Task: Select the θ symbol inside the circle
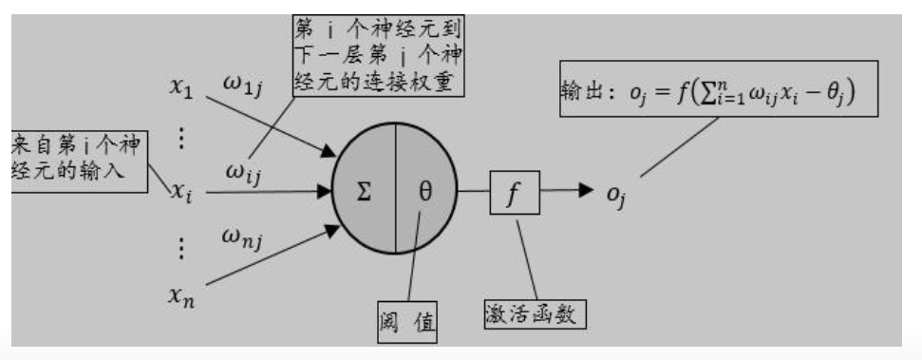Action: click(x=425, y=192)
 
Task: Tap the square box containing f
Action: click(x=514, y=194)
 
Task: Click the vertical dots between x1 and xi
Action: click(x=182, y=140)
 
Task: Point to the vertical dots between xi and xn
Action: click(x=182, y=249)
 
